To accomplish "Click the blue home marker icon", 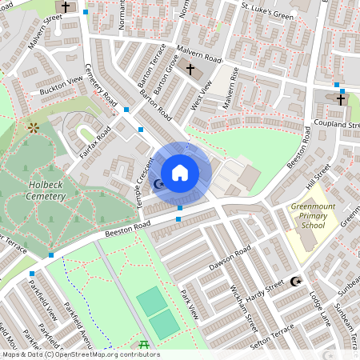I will pos(180,172).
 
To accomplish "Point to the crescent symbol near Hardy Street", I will pos(296,281).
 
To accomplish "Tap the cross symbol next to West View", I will pos(190,70).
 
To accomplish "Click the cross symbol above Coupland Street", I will pos(341,99).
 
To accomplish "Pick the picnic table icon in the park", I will pos(144,345).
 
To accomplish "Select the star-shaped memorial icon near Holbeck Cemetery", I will pos(33,127).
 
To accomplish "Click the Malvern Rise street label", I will pos(231,89).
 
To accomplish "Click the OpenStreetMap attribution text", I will pos(80,354).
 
